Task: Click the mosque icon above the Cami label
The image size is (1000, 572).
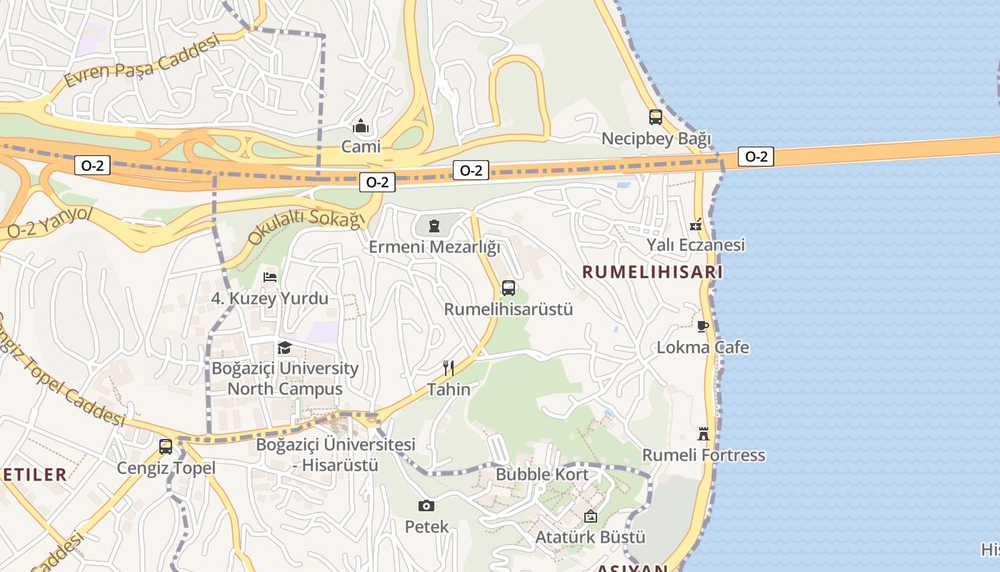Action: (x=361, y=127)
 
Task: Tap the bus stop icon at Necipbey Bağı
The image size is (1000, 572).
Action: (x=655, y=117)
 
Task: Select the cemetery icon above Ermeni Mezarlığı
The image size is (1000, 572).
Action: (x=434, y=227)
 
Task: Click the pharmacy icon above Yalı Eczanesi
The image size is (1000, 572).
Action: (x=696, y=225)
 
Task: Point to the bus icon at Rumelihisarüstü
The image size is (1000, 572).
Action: (x=509, y=288)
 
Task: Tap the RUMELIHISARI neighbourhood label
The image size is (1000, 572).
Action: (x=652, y=272)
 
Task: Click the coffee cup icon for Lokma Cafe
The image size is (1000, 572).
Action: (x=703, y=327)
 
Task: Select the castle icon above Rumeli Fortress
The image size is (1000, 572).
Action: (x=704, y=434)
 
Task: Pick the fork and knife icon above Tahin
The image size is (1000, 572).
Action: (x=449, y=368)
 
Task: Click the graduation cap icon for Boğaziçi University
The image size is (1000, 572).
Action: (x=285, y=348)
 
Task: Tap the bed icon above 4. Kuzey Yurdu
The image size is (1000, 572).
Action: (x=270, y=277)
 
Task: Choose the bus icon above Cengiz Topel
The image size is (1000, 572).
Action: (x=166, y=447)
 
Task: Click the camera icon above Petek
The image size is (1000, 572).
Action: (x=426, y=506)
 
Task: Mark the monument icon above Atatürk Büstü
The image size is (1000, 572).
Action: (x=591, y=516)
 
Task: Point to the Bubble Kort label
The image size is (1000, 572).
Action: (x=542, y=474)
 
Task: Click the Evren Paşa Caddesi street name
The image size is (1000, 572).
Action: (x=141, y=61)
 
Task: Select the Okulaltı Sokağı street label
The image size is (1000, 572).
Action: (x=306, y=227)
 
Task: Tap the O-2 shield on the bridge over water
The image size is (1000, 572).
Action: (x=756, y=157)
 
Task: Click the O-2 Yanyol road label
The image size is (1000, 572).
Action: (x=50, y=222)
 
